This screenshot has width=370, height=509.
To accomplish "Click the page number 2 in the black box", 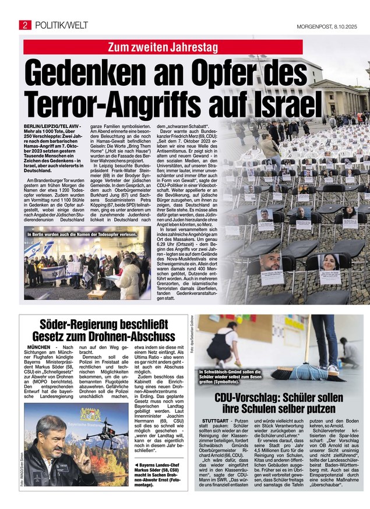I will [x=26, y=25].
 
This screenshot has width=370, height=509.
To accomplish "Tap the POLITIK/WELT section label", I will [x=62, y=25].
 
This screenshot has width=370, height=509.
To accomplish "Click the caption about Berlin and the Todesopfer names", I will [x=82, y=234].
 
